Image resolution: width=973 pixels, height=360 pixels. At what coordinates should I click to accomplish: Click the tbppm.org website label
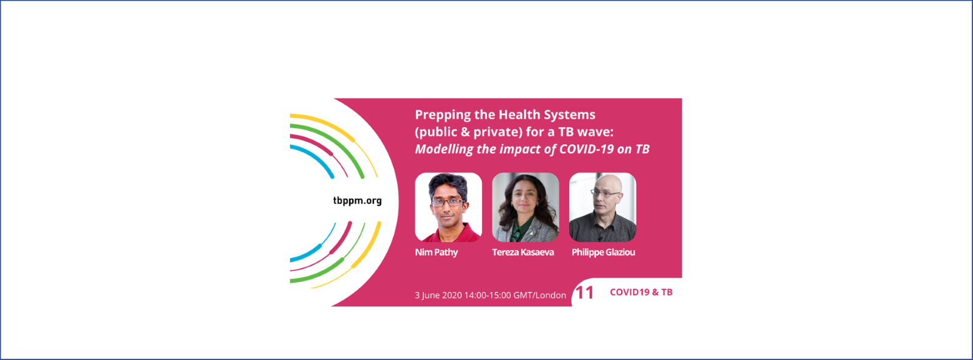(x=357, y=201)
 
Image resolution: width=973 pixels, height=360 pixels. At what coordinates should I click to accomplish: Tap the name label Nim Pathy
(x=436, y=252)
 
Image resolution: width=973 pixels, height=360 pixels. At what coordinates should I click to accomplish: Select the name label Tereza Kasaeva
(x=523, y=252)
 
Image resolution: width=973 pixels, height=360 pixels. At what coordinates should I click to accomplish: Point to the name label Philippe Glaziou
(x=603, y=252)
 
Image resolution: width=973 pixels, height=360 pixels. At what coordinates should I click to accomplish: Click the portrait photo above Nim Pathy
(x=448, y=207)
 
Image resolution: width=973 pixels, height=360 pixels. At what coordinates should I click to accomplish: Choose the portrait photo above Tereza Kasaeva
(x=525, y=207)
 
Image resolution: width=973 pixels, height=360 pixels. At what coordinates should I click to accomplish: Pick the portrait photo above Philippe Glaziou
(x=603, y=207)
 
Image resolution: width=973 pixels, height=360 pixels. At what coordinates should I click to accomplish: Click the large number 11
(x=584, y=292)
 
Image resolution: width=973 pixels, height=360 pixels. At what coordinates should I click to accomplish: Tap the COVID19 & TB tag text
(x=641, y=292)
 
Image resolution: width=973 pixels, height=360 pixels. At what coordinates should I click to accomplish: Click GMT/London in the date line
(x=539, y=296)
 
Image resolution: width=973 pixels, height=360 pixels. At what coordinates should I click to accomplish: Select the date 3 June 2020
(x=438, y=296)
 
